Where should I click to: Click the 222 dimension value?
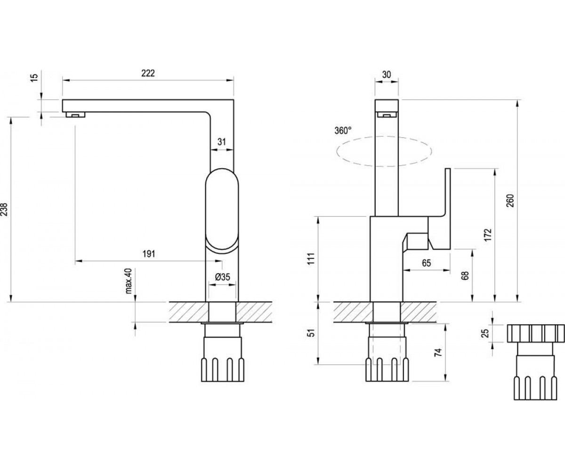tap(148, 73)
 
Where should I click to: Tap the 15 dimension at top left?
tap(34, 77)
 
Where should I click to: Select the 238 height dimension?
tap(5, 209)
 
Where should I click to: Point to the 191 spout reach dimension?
tap(149, 254)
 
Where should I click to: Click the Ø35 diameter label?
tap(222, 277)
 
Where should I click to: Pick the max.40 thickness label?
tap(129, 281)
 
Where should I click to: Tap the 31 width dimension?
tap(222, 141)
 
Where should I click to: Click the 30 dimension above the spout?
tap(387, 75)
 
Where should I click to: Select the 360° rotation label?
tap(343, 131)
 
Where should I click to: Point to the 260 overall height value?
tap(510, 200)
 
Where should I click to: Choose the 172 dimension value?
tap(488, 235)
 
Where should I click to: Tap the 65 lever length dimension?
tap(427, 263)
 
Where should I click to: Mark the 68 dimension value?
tap(466, 275)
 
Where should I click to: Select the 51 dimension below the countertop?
tap(312, 333)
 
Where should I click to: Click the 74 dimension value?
tap(438, 352)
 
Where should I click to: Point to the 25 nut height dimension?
tap(486, 333)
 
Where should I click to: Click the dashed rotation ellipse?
tap(384, 137)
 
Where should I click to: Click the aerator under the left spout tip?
tap(76, 115)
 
